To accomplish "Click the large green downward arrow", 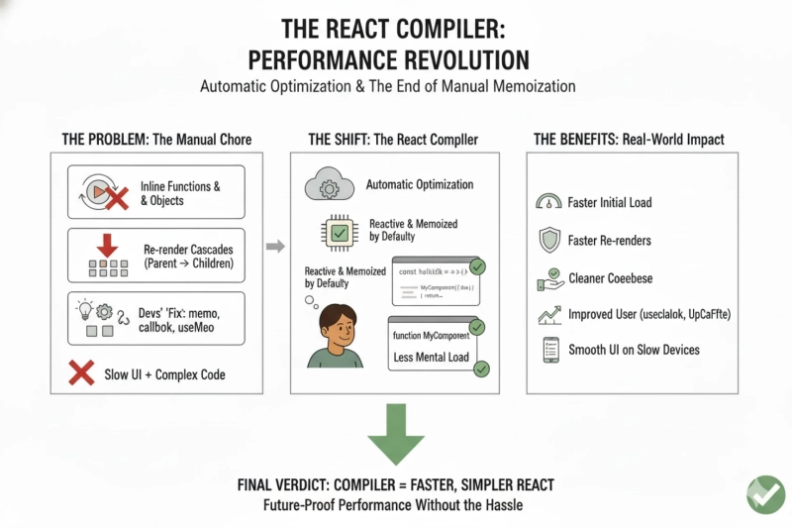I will [x=395, y=433].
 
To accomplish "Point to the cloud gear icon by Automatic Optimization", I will [x=327, y=185].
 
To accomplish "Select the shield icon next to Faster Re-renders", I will [x=546, y=240].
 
